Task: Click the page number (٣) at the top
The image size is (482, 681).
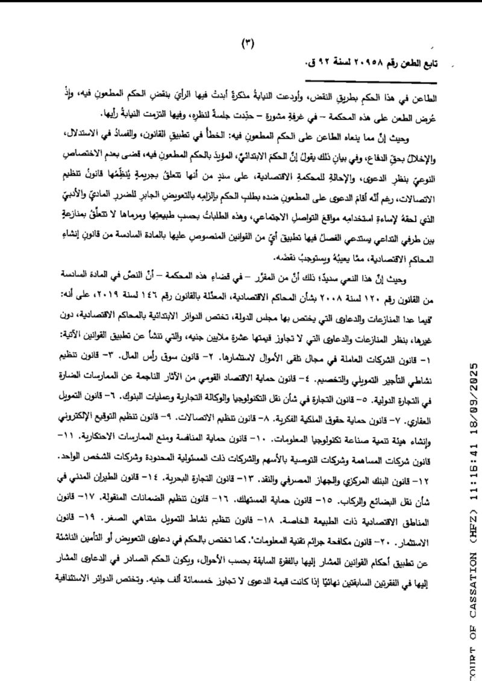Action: [248, 42]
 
